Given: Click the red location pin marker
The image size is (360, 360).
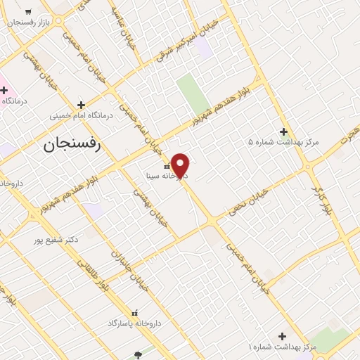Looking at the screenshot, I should tap(181, 165).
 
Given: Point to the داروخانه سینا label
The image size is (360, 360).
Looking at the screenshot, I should tap(163, 176).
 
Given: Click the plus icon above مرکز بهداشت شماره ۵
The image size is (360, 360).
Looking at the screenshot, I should tap(283, 131).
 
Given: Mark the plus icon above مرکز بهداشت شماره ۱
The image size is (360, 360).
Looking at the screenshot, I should tap(282, 337).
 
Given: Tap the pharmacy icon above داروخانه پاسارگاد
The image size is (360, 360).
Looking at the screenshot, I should tap(135, 312).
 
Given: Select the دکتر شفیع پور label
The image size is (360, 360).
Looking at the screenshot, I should tap(57, 240).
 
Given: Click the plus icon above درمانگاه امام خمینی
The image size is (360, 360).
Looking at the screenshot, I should tap(81, 104).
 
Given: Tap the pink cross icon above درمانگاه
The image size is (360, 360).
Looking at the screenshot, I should tap(4, 90).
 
